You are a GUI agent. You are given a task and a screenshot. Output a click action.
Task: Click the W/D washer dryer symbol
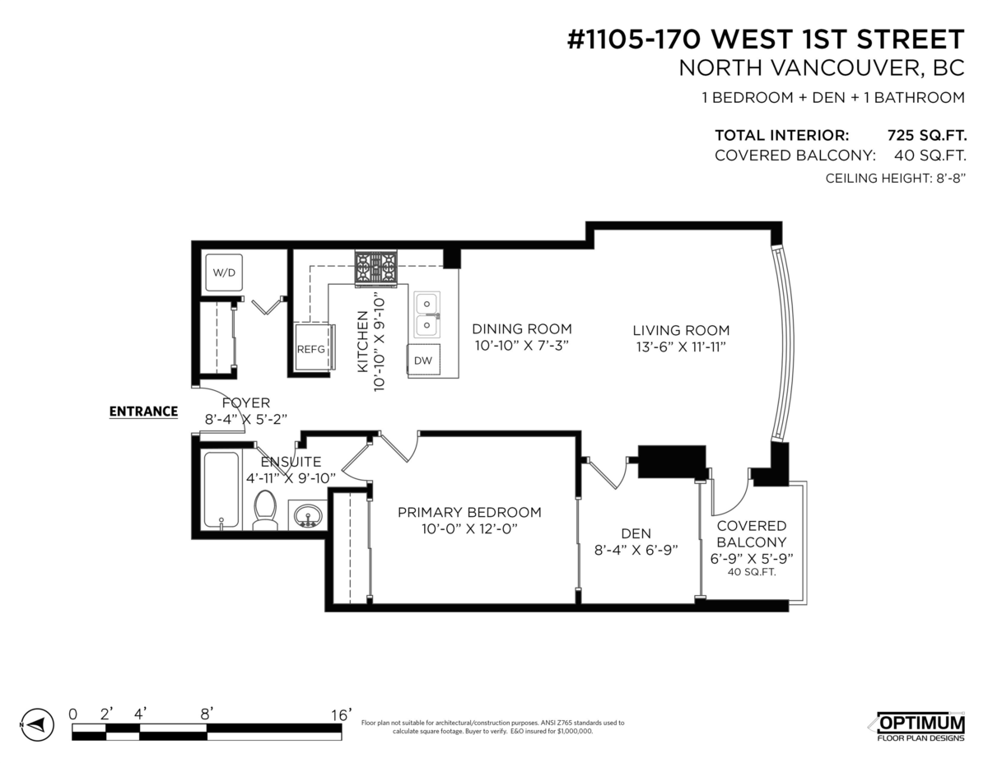point(223,272)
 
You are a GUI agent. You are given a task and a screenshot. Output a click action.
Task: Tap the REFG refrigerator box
point(311,348)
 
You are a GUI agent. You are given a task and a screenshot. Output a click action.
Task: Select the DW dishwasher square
point(423,360)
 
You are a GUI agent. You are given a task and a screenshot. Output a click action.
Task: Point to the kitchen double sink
point(426,314)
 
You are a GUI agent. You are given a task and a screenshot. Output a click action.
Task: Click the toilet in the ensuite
point(266,509)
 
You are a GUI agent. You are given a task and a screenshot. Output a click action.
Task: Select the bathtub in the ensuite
point(221,490)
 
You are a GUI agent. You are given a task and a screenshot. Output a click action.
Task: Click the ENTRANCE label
point(144,412)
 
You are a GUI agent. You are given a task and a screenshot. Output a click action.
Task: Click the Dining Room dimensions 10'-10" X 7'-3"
point(521,346)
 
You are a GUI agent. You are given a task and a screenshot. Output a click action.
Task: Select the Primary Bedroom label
point(469,512)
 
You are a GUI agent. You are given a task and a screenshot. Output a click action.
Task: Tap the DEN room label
point(636,533)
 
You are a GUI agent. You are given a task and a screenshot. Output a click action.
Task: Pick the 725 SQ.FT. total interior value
point(925,135)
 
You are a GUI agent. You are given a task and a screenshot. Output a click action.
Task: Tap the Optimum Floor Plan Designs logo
point(919,724)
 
